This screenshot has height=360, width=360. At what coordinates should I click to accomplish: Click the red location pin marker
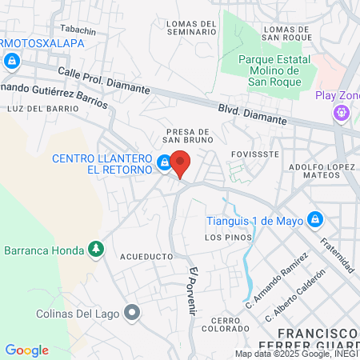coord(181,162)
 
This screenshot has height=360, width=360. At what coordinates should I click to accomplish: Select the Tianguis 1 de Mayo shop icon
coord(316,218)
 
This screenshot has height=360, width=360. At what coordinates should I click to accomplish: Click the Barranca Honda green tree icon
coord(96,249)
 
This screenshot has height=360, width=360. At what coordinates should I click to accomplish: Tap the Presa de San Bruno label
coord(187,137)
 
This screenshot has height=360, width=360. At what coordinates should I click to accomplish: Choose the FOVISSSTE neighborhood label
coord(254,153)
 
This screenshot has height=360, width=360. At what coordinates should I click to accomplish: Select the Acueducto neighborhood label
coord(146,257)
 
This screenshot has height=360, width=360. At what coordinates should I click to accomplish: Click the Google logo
coord(26,350)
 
